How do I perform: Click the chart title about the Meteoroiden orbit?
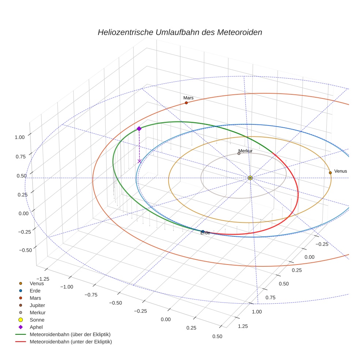click(x=180, y=32)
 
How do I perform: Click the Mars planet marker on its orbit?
click(x=186, y=103)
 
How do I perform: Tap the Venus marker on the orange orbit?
click(x=330, y=173)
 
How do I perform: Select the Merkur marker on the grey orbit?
click(x=239, y=154)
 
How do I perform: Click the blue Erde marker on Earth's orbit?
click(x=203, y=231)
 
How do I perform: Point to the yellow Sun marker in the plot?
click(x=250, y=178)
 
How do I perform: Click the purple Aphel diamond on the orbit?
click(x=139, y=128)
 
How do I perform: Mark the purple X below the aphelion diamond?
click(x=139, y=161)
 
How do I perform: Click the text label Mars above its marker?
click(x=188, y=98)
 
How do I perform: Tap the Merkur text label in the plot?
click(x=245, y=151)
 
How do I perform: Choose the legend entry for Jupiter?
click(x=37, y=305)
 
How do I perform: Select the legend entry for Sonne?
click(x=37, y=320)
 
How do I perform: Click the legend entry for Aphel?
click(x=36, y=327)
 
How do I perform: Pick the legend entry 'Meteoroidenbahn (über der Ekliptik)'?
click(x=70, y=334)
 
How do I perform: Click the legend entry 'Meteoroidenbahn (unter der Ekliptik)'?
click(x=71, y=342)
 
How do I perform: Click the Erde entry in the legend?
click(x=35, y=290)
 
